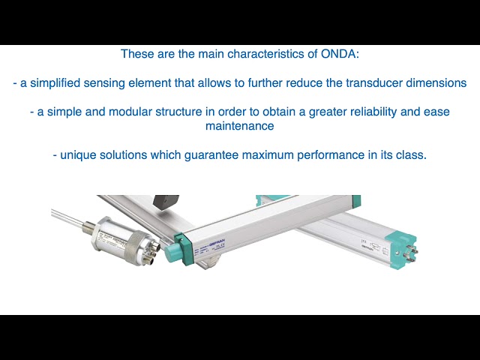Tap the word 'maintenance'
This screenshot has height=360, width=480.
coord(239,126)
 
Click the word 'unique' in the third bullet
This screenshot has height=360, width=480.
coord(79,155)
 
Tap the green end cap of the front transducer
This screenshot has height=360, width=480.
coord(182,247)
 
